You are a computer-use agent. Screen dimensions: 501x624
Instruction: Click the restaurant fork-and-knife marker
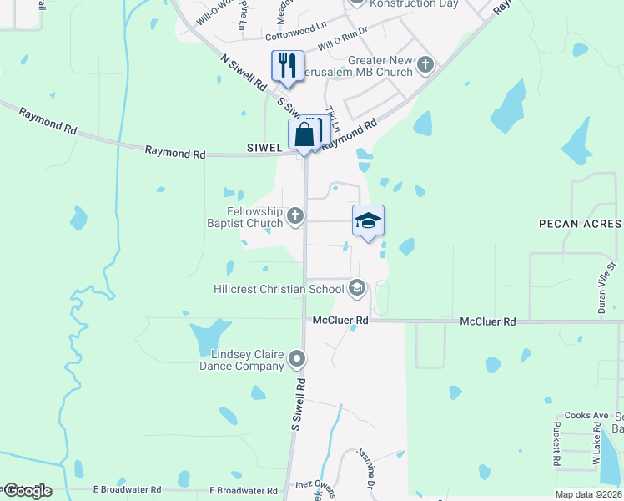tap(288, 65)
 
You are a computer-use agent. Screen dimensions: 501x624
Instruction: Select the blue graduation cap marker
tap(368, 221)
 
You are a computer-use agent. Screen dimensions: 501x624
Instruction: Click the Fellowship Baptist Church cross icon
tap(294, 217)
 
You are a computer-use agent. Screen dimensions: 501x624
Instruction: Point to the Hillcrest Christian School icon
tap(357, 289)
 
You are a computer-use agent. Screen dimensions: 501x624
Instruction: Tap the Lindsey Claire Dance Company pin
tap(297, 360)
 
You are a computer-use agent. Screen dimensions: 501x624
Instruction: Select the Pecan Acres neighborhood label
tap(580, 224)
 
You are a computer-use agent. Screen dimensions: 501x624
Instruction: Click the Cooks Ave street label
tap(586, 415)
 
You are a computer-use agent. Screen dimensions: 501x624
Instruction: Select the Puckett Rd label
tap(556, 443)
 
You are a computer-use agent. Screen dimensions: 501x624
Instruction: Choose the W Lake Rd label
tap(596, 448)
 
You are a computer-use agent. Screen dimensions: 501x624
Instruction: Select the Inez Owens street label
tap(315, 484)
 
